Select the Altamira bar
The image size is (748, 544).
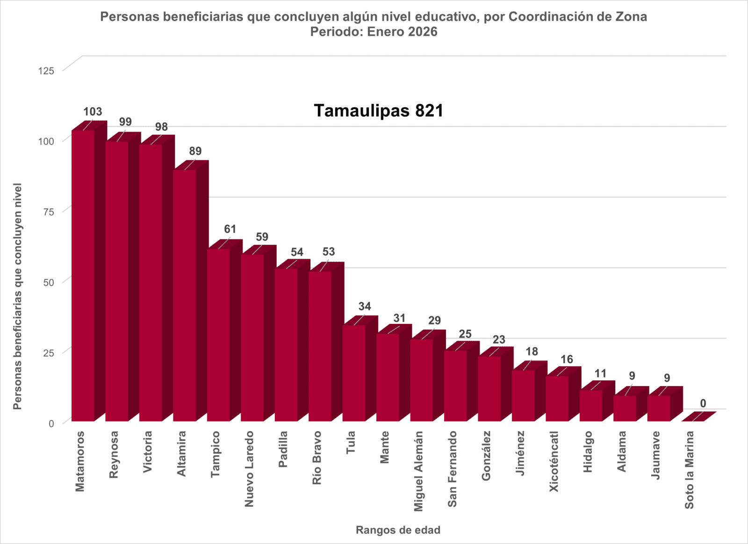click(185, 295)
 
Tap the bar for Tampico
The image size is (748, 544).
click(218, 335)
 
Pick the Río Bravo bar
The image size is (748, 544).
click(320, 346)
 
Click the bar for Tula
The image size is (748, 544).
click(354, 373)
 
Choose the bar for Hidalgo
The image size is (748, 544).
click(591, 405)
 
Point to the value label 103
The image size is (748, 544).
click(93, 112)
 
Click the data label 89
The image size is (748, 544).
click(195, 151)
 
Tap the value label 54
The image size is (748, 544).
click(297, 252)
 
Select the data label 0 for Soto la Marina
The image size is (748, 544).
click(703, 404)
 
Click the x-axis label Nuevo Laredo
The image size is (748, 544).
click(249, 469)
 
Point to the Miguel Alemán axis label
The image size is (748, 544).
click(418, 471)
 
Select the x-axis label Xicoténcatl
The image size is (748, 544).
click(554, 461)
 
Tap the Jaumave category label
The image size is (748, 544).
click(656, 455)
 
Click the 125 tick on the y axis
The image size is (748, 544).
click(46, 71)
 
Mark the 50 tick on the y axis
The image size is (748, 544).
click(49, 282)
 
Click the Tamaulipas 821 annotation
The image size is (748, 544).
click(378, 111)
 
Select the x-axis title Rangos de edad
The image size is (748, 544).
click(398, 530)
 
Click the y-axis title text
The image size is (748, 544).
click(18, 296)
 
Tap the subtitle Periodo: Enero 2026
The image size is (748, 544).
click(374, 32)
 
